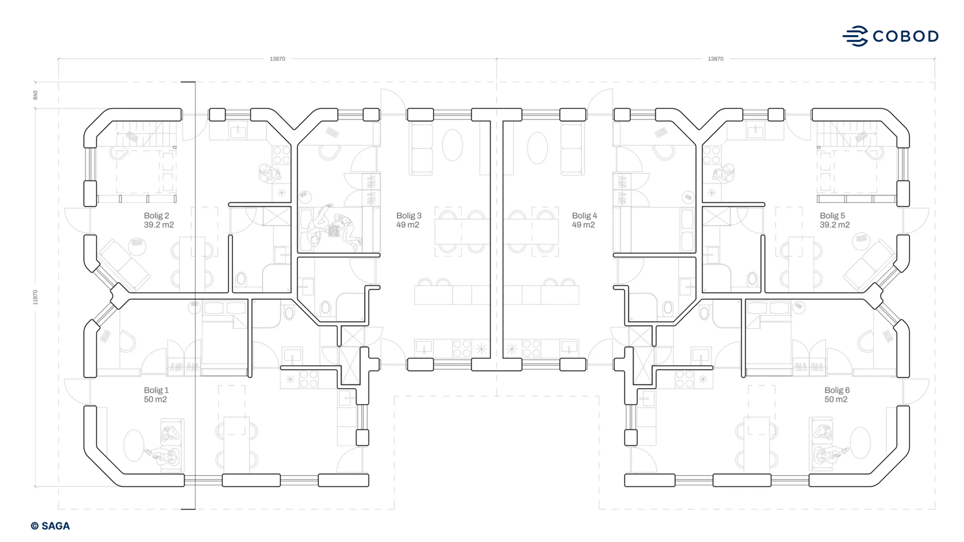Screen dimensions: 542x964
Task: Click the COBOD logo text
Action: (905, 36)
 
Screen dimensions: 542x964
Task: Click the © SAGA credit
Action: (50, 526)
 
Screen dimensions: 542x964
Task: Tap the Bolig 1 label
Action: (156, 390)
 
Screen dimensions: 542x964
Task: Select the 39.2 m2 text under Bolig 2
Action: (159, 225)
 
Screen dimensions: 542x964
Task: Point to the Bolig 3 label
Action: (409, 215)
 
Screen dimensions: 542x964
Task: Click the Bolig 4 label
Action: (584, 215)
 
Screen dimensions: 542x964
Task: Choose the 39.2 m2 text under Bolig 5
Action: (834, 225)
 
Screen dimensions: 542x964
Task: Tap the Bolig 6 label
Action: (836, 390)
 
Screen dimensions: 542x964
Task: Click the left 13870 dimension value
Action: (277, 59)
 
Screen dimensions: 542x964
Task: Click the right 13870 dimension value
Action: (715, 59)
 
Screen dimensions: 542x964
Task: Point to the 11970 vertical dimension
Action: (35, 297)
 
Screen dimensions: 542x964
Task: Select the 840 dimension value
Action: (35, 95)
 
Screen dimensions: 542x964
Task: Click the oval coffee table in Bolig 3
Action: (452, 145)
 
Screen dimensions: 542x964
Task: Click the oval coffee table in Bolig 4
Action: (537, 147)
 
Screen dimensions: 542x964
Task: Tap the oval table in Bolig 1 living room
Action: (134, 445)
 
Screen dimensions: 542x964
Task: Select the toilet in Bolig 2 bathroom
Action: (241, 279)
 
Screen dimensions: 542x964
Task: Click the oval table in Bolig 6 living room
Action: (860, 442)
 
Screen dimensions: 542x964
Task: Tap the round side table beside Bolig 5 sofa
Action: (861, 241)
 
